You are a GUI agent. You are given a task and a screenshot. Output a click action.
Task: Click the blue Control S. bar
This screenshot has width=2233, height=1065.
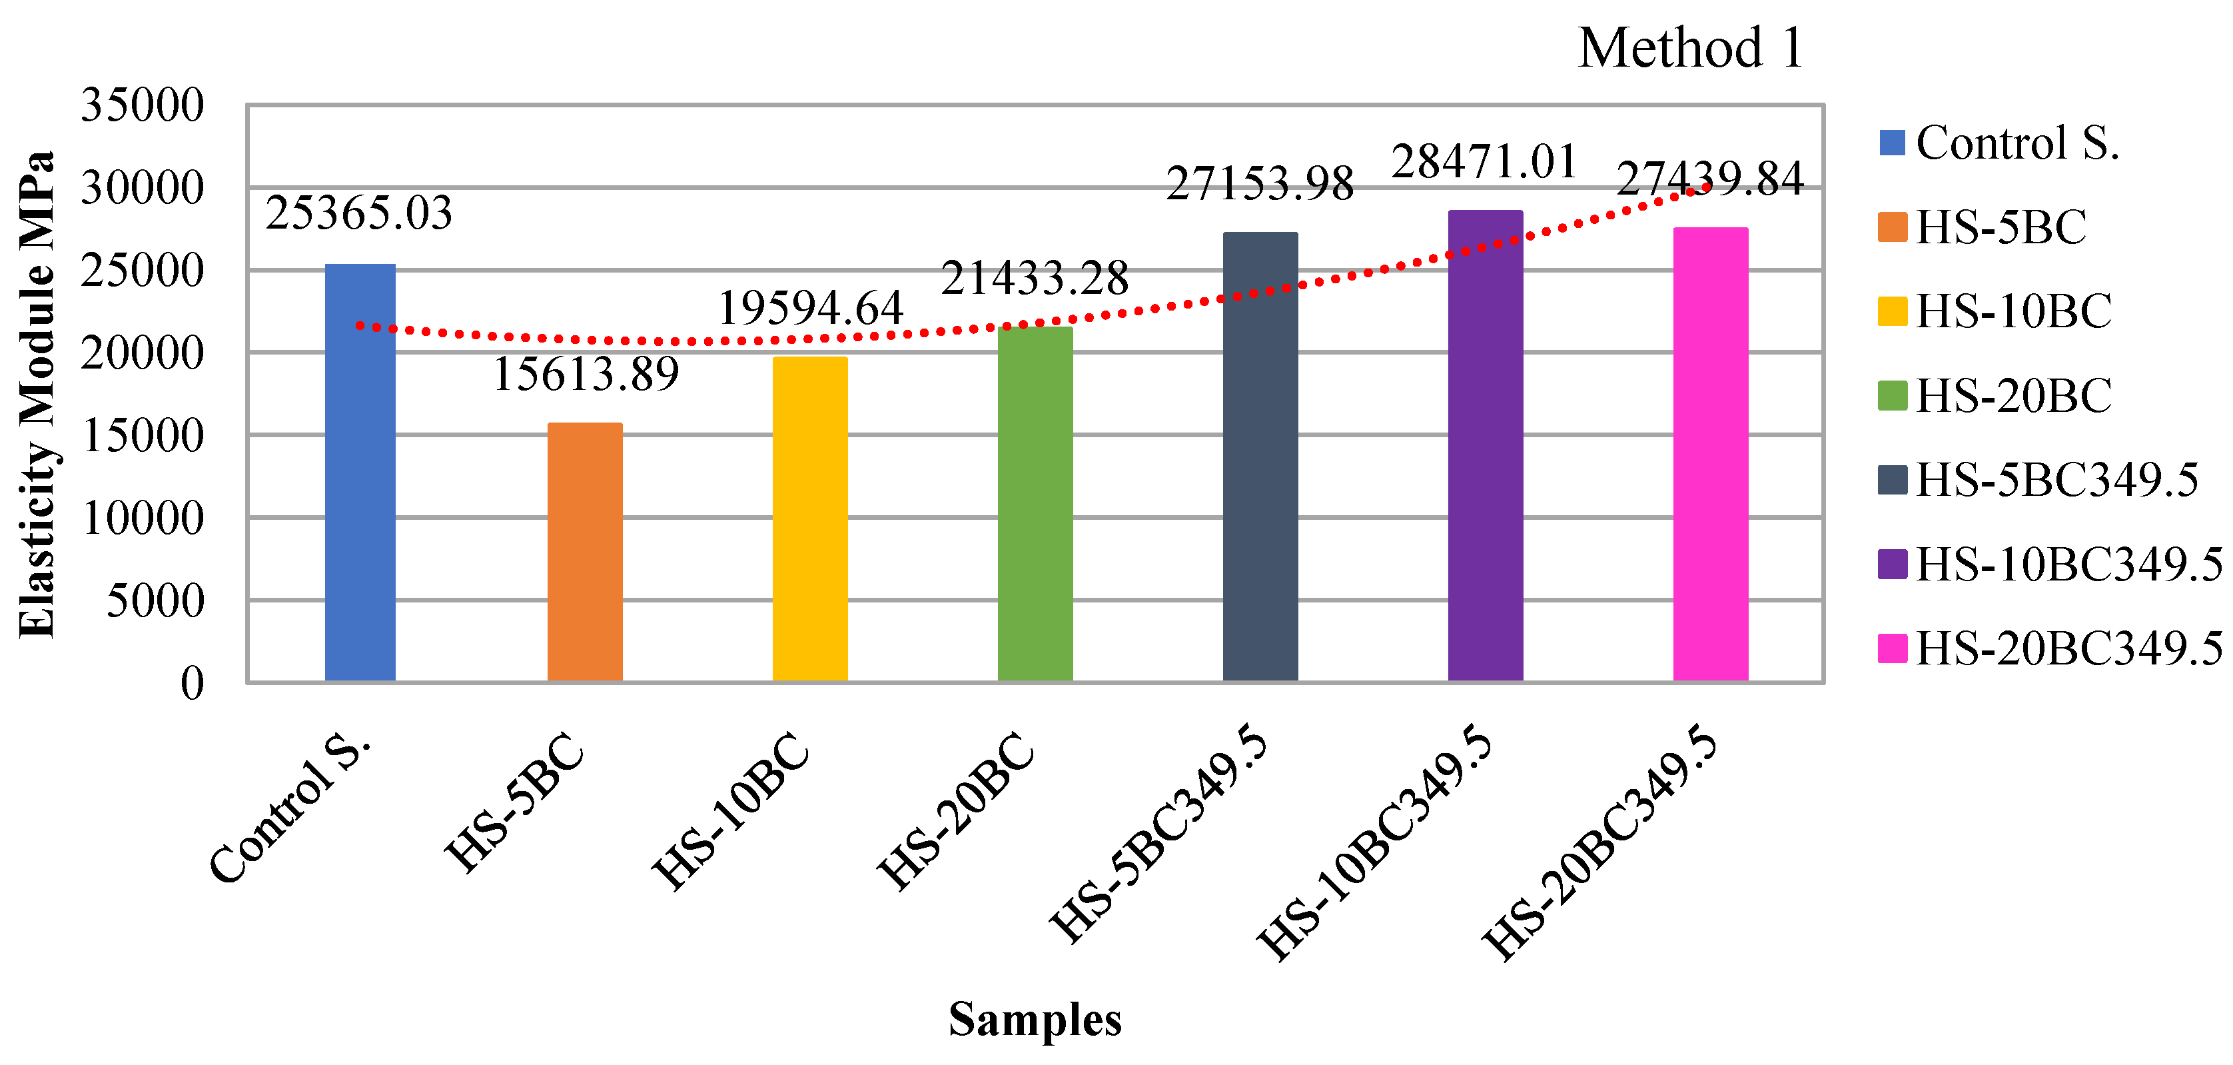click(360, 473)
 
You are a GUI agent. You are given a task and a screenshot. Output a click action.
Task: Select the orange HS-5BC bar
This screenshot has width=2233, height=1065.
click(585, 552)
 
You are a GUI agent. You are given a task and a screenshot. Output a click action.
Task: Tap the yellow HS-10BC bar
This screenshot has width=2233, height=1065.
click(809, 519)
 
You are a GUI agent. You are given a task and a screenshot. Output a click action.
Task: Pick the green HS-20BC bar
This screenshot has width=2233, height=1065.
click(1035, 504)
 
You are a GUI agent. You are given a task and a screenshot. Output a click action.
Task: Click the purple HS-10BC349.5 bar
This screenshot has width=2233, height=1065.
click(1485, 446)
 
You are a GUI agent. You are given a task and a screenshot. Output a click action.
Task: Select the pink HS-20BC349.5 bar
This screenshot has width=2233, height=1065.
click(1710, 455)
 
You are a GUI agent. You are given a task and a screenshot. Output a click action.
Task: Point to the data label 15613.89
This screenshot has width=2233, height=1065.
click(586, 375)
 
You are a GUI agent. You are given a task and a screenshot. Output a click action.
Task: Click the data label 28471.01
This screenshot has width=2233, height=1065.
click(1484, 162)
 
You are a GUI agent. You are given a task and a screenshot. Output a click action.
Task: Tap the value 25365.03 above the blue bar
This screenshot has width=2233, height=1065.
click(359, 213)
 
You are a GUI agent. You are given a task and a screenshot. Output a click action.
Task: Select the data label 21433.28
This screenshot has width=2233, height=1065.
click(1035, 279)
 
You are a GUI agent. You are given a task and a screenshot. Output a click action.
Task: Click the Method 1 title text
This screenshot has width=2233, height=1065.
click(1690, 48)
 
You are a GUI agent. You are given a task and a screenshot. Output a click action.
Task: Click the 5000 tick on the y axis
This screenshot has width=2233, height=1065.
click(155, 600)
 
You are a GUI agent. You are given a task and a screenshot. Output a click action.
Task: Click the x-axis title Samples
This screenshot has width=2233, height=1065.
click(1035, 1019)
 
